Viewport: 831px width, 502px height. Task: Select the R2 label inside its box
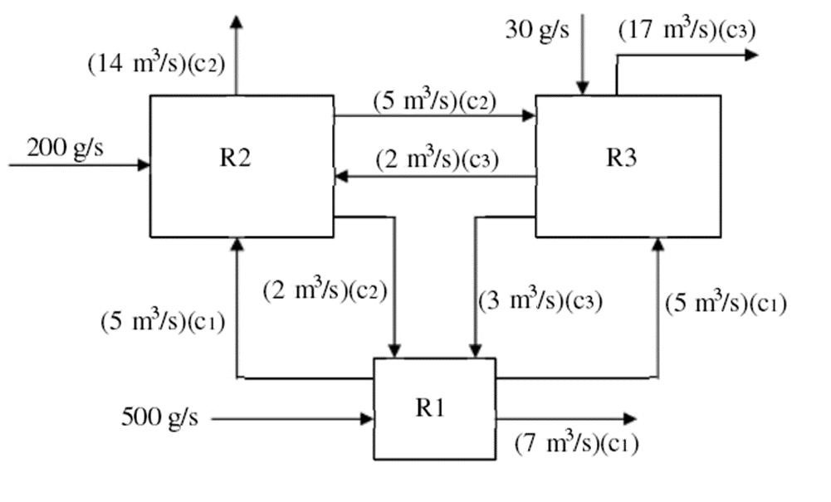click(236, 158)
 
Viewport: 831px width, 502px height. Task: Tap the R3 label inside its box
click(622, 158)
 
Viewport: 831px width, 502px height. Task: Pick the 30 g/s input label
click(537, 30)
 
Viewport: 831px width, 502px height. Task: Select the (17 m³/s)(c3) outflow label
click(687, 31)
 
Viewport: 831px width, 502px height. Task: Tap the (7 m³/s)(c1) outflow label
click(576, 443)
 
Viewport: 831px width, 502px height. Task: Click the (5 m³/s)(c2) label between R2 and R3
click(434, 100)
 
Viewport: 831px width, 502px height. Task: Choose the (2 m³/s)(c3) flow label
click(437, 158)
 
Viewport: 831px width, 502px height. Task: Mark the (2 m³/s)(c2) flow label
click(325, 291)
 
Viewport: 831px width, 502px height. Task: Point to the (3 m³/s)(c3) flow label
click(540, 300)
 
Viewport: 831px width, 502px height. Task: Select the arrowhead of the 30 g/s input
click(583, 88)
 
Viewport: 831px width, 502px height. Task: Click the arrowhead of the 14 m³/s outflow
click(237, 21)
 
